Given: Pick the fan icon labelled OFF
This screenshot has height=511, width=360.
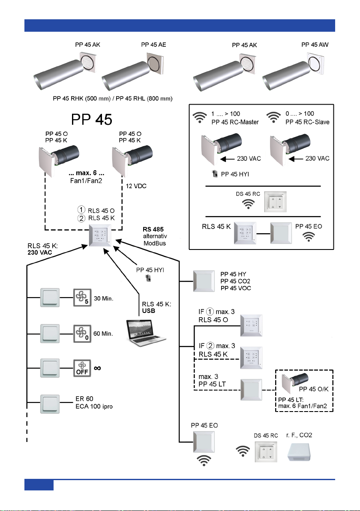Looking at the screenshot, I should (x=82, y=368).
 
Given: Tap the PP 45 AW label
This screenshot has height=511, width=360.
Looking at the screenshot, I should (x=315, y=44).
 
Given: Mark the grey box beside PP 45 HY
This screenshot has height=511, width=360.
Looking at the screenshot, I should (x=203, y=281).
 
